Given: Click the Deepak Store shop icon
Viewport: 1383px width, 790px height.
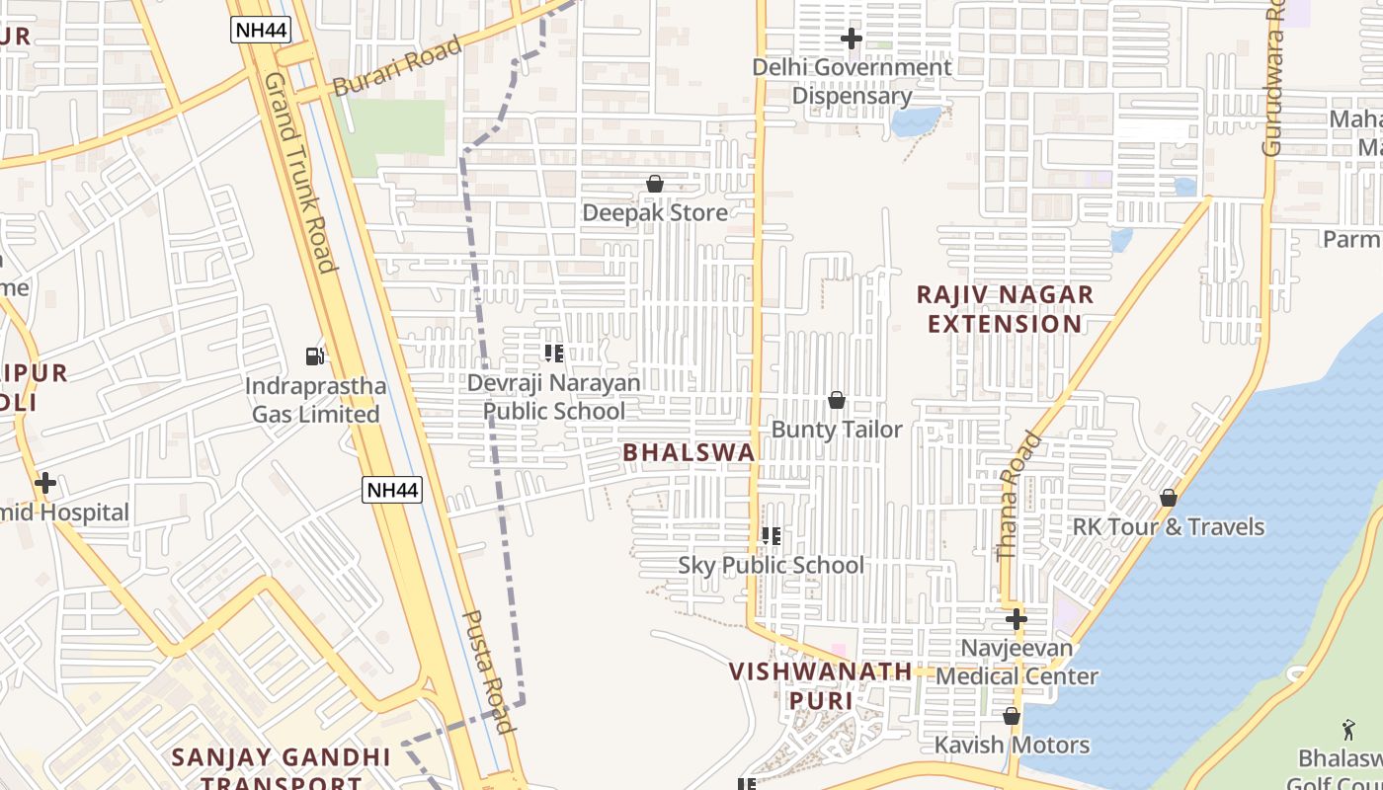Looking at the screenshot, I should (654, 185).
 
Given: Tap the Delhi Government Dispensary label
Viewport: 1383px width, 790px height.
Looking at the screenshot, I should (852, 82).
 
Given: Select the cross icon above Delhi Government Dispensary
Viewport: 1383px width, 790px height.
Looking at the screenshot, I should (852, 39).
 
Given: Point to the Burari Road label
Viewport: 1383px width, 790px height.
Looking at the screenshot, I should (397, 66).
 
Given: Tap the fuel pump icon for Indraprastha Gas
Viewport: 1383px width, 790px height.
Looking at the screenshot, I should (314, 355).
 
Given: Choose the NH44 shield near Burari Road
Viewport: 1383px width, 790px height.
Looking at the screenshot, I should (261, 30).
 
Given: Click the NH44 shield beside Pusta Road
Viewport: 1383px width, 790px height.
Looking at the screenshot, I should (392, 489).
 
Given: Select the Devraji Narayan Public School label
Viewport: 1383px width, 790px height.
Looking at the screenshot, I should (553, 396).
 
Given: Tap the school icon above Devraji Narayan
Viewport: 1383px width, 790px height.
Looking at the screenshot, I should (553, 353).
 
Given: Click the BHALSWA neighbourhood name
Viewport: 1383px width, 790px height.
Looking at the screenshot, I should (690, 452).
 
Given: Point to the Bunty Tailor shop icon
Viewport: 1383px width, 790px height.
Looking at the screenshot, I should (837, 400).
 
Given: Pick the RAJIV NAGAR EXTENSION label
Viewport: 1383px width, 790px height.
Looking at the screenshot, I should (1005, 309).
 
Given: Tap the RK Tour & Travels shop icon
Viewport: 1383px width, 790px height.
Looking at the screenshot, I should (1169, 498).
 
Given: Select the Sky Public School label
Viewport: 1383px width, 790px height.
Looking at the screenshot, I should (771, 565).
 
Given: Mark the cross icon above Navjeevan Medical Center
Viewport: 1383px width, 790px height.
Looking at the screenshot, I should (1017, 619).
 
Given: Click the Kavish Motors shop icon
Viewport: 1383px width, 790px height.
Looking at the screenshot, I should (1012, 716).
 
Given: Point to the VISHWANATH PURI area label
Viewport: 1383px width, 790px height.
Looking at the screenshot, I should (821, 685).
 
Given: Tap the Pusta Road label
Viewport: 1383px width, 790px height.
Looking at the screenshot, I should (489, 671).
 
